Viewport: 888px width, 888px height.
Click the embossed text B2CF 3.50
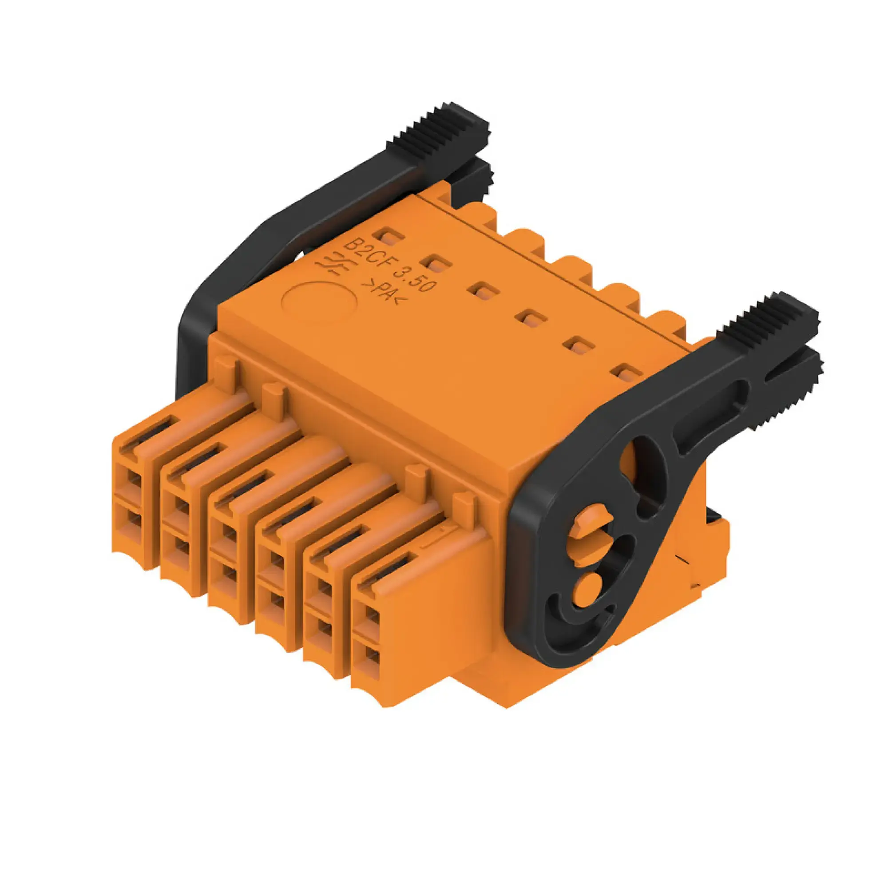(389, 265)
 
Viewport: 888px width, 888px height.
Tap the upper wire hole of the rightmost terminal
(373, 617)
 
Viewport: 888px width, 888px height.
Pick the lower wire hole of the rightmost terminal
(373, 658)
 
